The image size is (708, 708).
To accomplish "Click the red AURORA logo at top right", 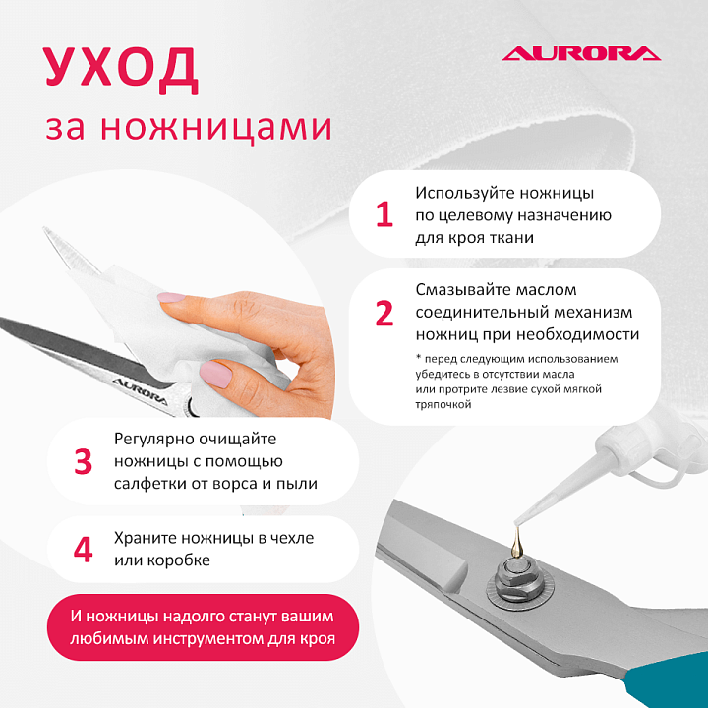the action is [581, 53].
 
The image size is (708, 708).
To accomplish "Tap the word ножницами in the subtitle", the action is [216, 128].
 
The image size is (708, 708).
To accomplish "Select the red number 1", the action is [384, 214].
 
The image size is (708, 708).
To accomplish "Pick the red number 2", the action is [384, 313].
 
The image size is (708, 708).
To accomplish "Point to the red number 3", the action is [83, 461].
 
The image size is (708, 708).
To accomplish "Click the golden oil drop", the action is [515, 545].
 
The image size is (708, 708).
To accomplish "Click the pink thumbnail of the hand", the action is [215, 374].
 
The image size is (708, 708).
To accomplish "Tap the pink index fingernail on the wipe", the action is [171, 297].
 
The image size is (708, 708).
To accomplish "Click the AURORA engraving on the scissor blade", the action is [141, 391].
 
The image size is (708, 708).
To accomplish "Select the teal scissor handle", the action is [669, 680].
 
